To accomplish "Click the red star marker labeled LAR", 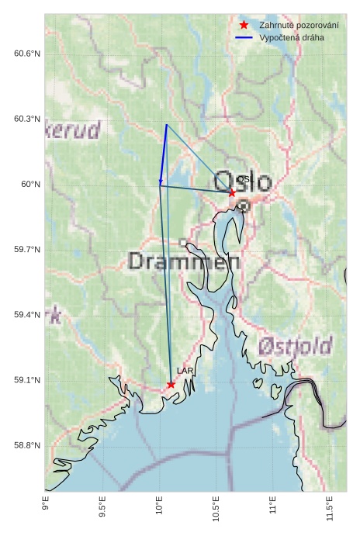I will tap(171, 384).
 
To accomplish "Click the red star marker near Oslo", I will tap(232, 192).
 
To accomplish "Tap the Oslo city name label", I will tap(242, 182).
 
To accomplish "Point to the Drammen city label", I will tap(184, 261).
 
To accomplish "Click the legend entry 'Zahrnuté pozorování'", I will tap(299, 25).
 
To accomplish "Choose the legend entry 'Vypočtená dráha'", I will tap(292, 37).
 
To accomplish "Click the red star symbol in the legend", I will tap(244, 25).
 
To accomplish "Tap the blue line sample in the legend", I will tap(244, 37).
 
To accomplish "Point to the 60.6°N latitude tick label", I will tap(26, 54).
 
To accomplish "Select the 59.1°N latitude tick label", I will tap(26, 380).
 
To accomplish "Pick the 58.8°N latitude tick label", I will tap(26, 445).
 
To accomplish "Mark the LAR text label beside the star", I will tap(185, 372).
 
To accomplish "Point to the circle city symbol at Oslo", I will tap(244, 206).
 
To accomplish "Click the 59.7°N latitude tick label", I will tap(26, 250).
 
